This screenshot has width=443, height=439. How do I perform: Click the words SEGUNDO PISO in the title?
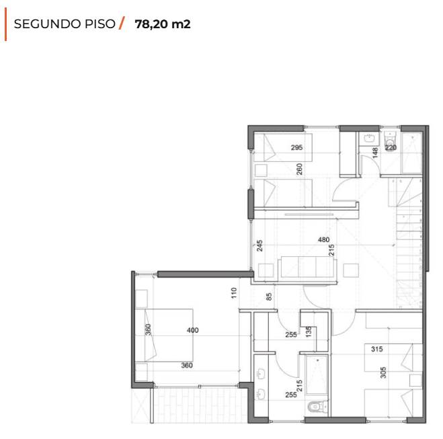pos(65,24)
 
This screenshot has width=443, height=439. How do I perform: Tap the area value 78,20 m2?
pos(163,24)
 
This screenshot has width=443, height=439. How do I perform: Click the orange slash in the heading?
pos(122,23)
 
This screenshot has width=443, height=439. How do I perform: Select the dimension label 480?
pos(323,239)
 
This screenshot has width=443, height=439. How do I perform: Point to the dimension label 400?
pos(193,330)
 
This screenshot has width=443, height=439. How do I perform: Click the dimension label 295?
pos(296,147)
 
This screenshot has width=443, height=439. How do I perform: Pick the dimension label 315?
pos(377,349)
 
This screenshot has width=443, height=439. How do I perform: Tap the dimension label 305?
pos(383,372)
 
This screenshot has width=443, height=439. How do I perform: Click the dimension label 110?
pos(234,293)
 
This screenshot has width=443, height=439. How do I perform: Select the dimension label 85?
pos(269,296)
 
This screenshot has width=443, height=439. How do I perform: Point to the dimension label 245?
pos(259,245)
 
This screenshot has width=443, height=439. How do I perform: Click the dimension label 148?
pos(375,153)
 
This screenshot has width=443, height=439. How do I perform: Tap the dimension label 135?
pos(309,331)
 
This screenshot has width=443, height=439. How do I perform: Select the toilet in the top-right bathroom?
pos(391,141)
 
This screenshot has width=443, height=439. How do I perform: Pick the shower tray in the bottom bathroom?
pos(317,374)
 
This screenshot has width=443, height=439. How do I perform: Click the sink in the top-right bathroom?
pos(369,138)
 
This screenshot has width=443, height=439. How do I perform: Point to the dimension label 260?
pos(299,169)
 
